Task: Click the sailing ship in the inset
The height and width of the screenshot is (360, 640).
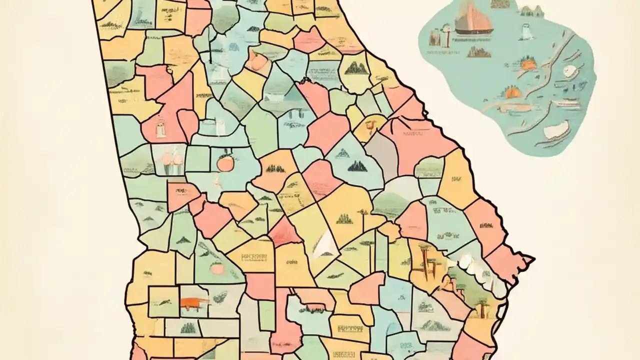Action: (473, 22)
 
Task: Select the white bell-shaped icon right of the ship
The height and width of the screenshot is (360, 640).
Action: (525, 31)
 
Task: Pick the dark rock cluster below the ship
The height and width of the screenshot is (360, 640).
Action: (478, 51)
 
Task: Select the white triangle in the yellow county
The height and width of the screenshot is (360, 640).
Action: (325, 246)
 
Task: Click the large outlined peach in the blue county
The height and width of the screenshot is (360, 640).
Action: (223, 163)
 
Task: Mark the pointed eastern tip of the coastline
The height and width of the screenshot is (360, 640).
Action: (533, 258)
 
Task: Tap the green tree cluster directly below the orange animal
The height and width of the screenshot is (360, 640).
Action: (188, 327)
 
